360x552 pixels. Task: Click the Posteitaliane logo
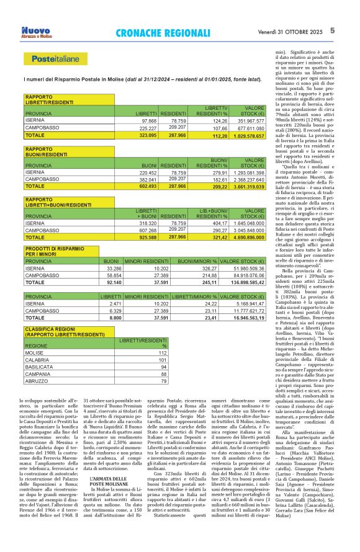[52, 60]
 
